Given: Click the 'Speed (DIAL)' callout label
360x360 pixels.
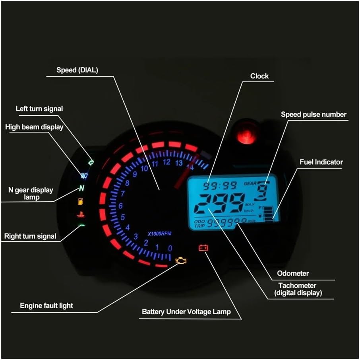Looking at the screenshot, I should click(x=77, y=70).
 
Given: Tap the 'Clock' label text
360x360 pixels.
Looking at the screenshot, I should click(x=259, y=76).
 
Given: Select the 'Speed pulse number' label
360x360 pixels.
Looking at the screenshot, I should click(x=314, y=115).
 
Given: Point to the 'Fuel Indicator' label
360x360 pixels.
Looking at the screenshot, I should click(x=321, y=162).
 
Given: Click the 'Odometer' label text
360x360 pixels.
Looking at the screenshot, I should click(x=293, y=273).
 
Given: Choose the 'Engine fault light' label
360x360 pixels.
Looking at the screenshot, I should click(x=46, y=306).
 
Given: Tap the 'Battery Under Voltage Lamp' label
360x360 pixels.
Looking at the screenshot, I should click(x=186, y=311).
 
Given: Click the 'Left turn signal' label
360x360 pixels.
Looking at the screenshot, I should click(x=39, y=109).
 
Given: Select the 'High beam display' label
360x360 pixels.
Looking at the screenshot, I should click(x=34, y=127).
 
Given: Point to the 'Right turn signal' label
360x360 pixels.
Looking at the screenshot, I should click(x=30, y=236).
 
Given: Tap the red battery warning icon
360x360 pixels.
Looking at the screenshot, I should click(x=203, y=248).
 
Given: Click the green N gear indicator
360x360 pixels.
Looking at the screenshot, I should click(x=82, y=188).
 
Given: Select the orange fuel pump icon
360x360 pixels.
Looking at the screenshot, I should click(x=81, y=201).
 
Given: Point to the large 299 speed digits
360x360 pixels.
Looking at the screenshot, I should click(x=221, y=204).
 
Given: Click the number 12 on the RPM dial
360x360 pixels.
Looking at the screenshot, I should click(x=166, y=162).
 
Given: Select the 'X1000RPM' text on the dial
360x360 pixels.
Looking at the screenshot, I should click(x=159, y=234).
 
